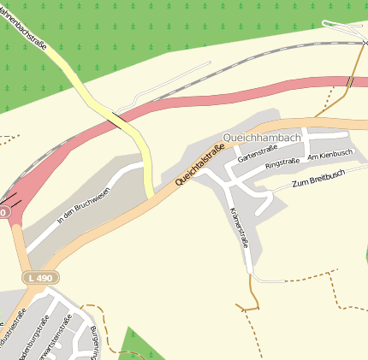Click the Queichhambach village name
(261, 137)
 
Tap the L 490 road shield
(39, 278)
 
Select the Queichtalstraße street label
(199, 165)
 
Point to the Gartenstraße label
(258, 153)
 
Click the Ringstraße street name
(284, 161)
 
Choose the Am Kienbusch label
(329, 154)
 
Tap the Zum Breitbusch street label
(318, 178)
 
